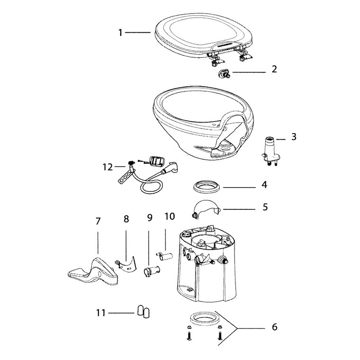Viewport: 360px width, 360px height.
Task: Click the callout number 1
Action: coord(120,32)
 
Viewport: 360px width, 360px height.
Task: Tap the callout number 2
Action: coord(274,69)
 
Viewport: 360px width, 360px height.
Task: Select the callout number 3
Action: coord(294,138)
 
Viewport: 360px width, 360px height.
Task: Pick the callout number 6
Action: coord(275,327)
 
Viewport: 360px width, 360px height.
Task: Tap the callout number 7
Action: coord(98,221)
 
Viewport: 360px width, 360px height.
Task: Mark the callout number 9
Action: coord(150,218)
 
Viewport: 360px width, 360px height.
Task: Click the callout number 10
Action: coord(170,216)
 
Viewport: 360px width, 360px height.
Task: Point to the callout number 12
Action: coord(108,167)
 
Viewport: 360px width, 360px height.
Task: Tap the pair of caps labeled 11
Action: coord(144,311)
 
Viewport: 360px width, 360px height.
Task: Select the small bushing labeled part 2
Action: coord(222,73)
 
